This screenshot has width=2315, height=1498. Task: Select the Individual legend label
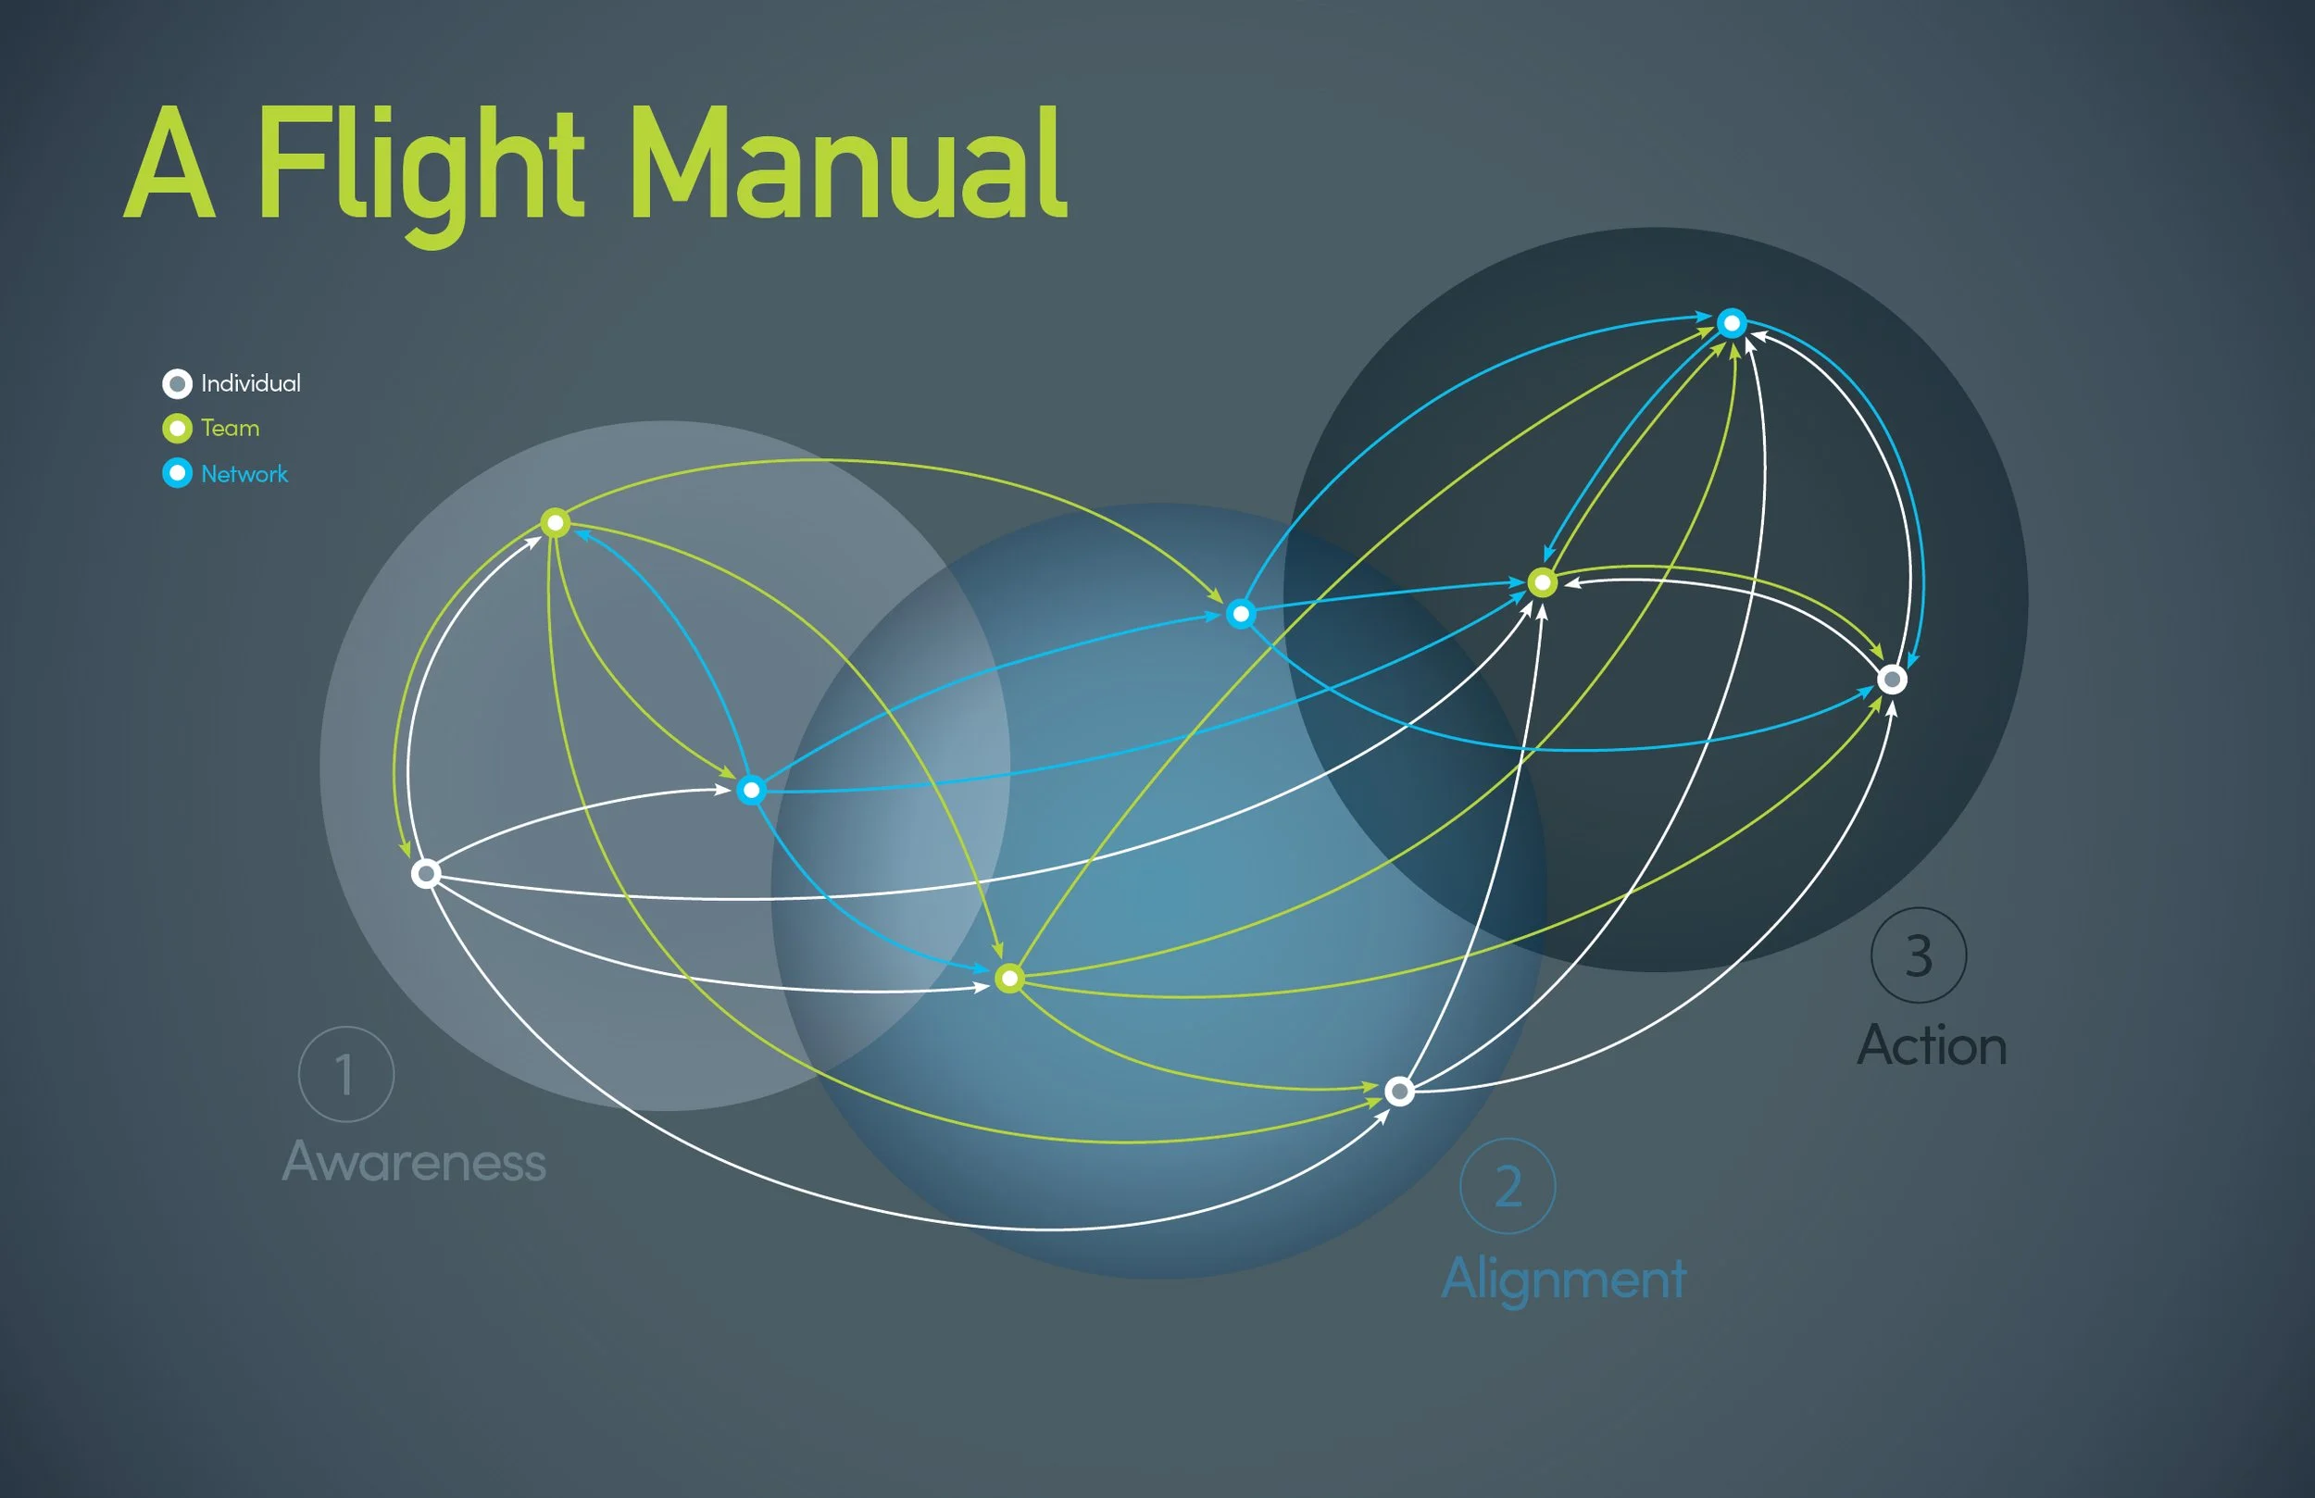point(250,383)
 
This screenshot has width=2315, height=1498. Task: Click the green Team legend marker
point(177,428)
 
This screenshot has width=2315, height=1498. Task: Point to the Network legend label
point(244,474)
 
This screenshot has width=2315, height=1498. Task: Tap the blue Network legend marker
point(177,474)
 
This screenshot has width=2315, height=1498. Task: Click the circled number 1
point(345,1074)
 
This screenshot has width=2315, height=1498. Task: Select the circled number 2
point(1508,1186)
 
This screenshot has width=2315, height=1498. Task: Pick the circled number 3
point(1918,955)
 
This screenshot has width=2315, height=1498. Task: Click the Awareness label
point(414,1161)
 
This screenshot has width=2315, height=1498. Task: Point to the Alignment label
point(1564,1279)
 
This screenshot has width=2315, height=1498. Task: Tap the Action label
point(1932,1045)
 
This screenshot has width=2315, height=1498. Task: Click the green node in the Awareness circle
point(555,523)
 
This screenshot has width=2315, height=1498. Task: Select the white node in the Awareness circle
point(425,873)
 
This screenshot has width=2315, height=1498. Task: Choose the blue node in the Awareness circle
point(750,790)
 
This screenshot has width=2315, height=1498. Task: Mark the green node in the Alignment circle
point(1009,978)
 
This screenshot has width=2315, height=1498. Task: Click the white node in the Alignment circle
point(1399,1092)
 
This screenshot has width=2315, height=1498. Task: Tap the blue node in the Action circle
point(1732,323)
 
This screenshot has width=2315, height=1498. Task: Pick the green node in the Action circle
point(1542,582)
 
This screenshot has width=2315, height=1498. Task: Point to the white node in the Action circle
point(1892,679)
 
